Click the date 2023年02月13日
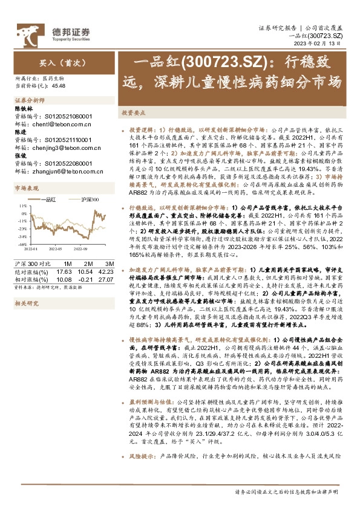click(x=332, y=44)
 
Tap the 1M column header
click(x=67, y=256)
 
